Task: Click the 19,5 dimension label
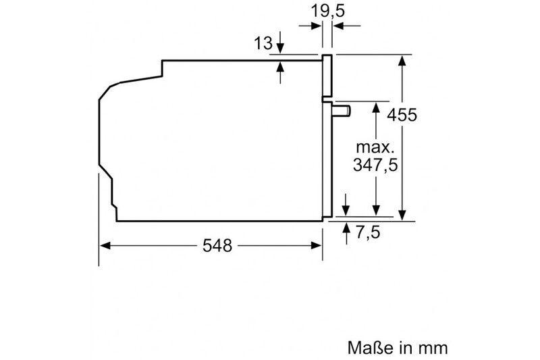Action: point(327,11)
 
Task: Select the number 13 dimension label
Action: point(263,43)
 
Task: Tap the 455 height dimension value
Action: point(402,115)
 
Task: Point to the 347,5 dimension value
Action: point(375,165)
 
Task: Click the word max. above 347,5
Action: point(375,147)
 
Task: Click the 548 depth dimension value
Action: point(217,246)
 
